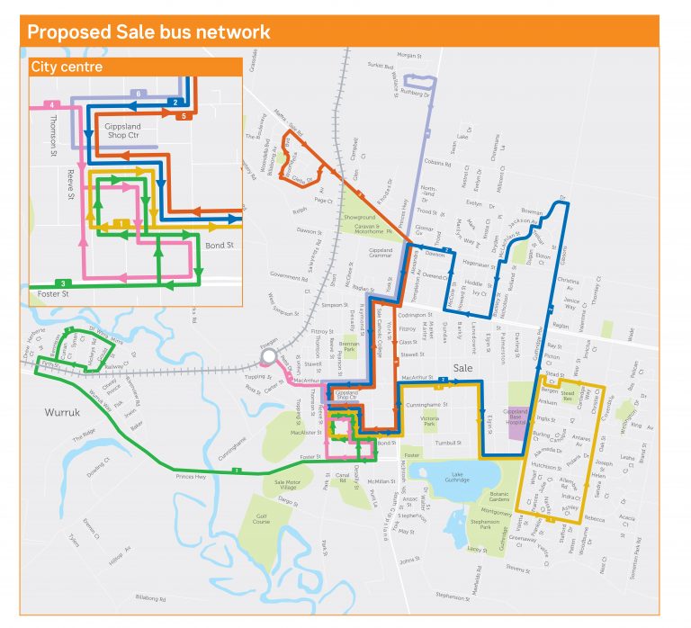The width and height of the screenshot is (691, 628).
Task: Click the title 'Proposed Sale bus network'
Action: pyautogui.click(x=148, y=32)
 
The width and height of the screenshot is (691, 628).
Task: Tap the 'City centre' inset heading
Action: pyautogui.click(x=67, y=67)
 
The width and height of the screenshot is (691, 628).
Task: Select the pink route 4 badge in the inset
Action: pyautogui.click(x=54, y=104)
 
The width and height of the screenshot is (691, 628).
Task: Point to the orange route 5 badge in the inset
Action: pyautogui.click(x=184, y=115)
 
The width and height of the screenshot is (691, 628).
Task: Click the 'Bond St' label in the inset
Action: pyautogui.click(x=219, y=244)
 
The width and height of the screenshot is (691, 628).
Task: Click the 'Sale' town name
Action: pyautogui.click(x=463, y=368)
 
